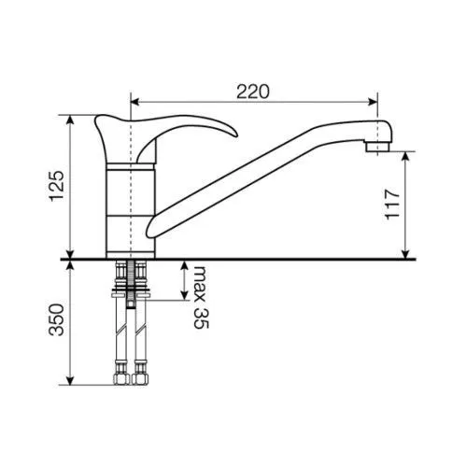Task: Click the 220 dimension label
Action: coord(253,92)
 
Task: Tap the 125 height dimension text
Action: coord(57,186)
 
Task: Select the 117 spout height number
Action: coord(392,205)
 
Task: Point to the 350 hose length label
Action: coord(57,319)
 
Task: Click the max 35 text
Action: coord(201,297)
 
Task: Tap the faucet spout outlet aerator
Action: coord(378,147)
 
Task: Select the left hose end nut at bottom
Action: coord(120,378)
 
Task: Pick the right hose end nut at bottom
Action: coord(140,378)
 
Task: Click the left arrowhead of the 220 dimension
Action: coord(134,102)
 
